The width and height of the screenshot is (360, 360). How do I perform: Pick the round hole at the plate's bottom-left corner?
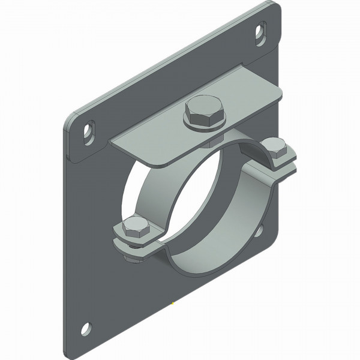(86, 328)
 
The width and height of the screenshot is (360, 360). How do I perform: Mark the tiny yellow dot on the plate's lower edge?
(173, 304)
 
